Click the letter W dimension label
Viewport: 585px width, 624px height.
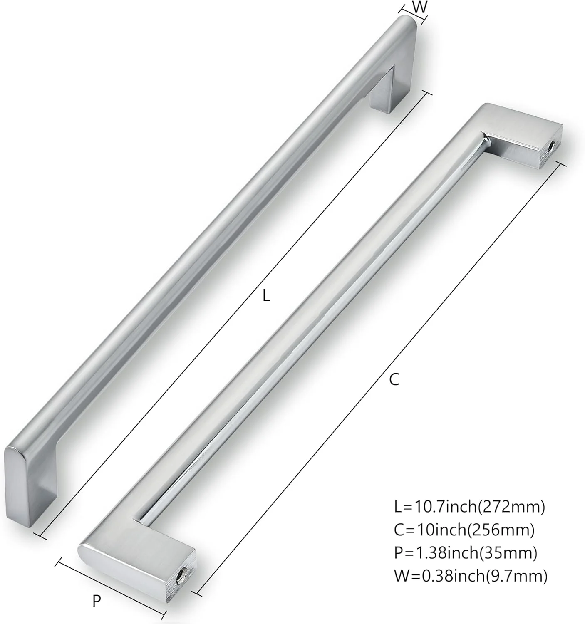[x=420, y=7]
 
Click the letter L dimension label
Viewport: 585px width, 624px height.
[x=267, y=296]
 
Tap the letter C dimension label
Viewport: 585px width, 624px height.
[x=394, y=379]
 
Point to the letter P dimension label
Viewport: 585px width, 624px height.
[x=97, y=600]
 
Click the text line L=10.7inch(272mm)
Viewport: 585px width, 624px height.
[x=469, y=507]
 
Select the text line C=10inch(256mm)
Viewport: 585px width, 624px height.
[x=464, y=530]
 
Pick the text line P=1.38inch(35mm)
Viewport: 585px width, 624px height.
[x=466, y=553]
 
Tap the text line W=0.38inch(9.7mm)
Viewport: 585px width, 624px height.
[x=471, y=576]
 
